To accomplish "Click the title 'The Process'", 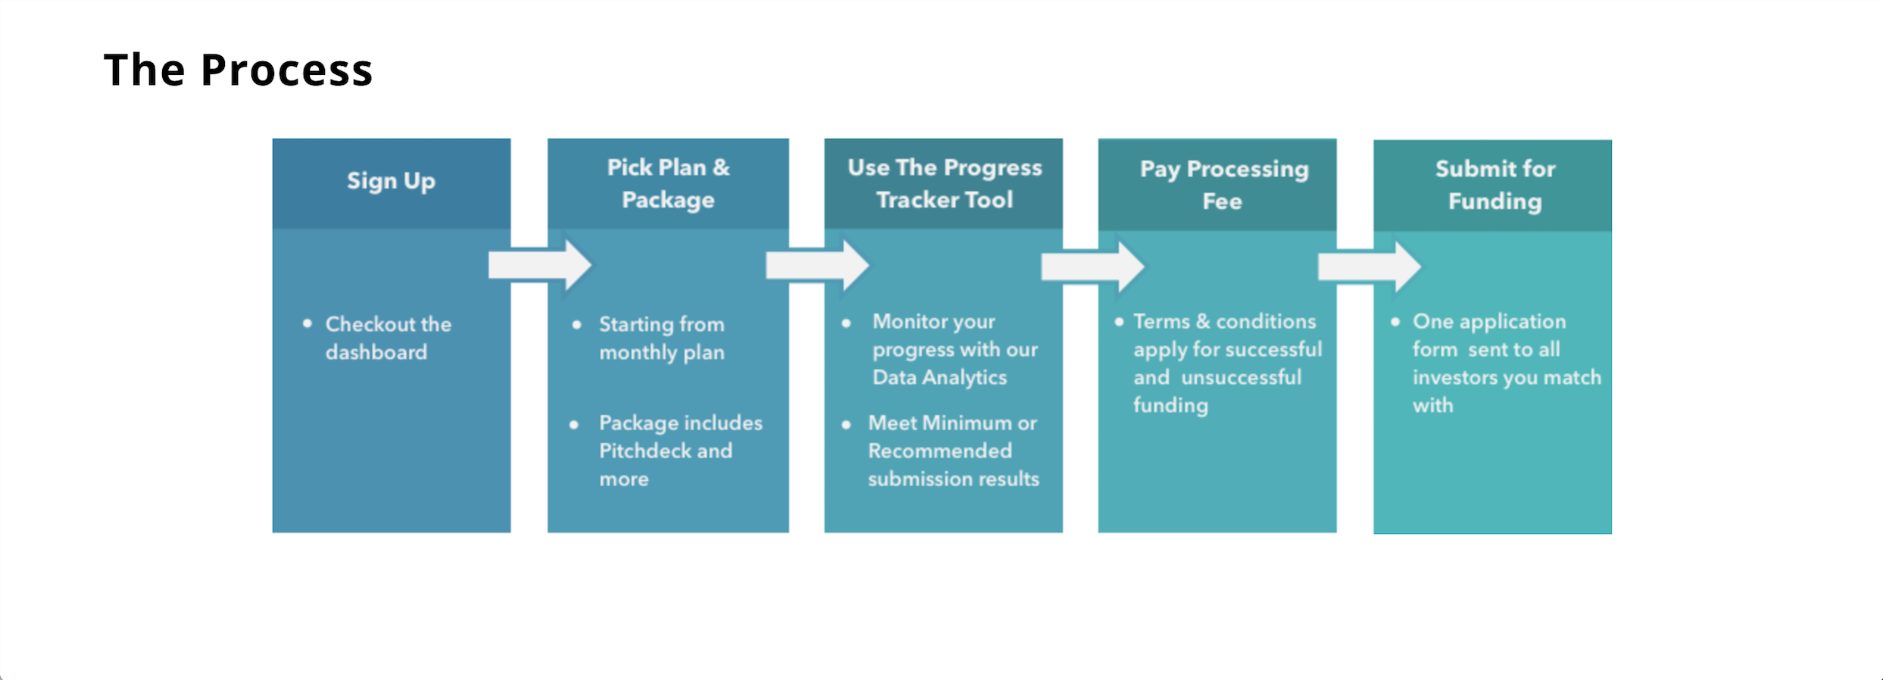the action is click(x=238, y=70).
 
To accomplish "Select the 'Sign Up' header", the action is click(x=391, y=181).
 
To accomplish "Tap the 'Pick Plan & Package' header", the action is click(x=668, y=183).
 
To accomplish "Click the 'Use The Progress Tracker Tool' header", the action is click(x=945, y=183).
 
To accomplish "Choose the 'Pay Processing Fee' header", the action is click(x=1224, y=185).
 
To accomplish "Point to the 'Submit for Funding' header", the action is click(x=1495, y=185).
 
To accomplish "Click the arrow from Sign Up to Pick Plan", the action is click(x=540, y=265).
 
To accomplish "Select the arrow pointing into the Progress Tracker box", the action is click(x=817, y=265).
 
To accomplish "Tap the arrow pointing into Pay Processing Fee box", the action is click(x=1093, y=267).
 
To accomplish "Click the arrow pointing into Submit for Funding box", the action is click(x=1369, y=267).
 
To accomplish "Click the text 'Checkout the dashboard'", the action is click(x=388, y=338).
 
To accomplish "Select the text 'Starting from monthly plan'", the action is click(x=662, y=338).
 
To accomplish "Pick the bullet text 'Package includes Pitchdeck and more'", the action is click(x=680, y=451).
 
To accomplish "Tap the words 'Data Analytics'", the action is click(x=939, y=377).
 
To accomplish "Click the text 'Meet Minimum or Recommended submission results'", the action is click(x=953, y=451).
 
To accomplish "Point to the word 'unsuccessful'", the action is click(x=1241, y=377).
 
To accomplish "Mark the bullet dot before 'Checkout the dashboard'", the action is click(x=307, y=323).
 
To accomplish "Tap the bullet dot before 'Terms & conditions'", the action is click(x=1119, y=321).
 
